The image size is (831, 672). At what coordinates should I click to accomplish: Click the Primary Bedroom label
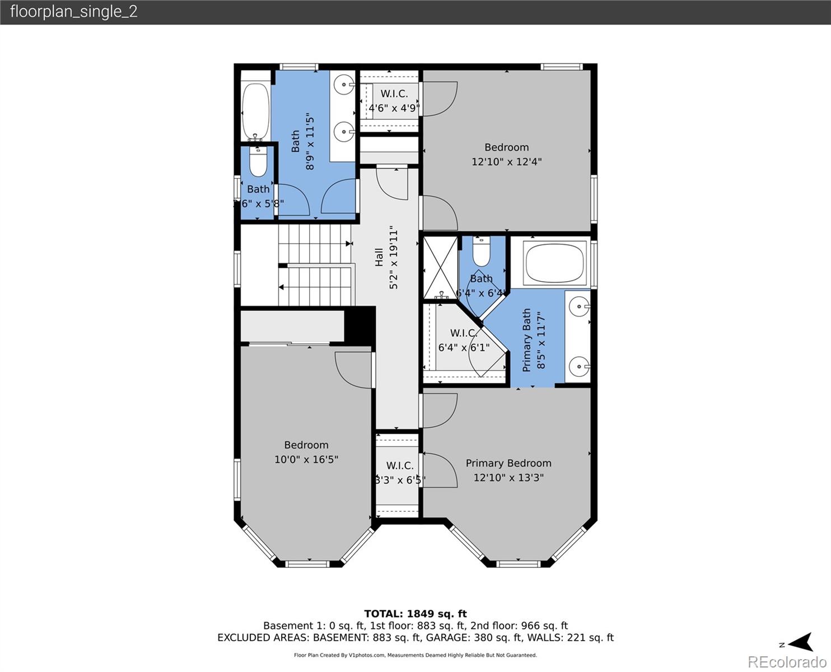[508, 463]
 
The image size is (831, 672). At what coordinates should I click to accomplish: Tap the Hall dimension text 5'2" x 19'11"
[394, 259]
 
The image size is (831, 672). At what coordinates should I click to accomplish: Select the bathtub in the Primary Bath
[555, 263]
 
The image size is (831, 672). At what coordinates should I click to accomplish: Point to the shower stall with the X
[440, 268]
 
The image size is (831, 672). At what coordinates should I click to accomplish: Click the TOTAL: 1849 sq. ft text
[415, 614]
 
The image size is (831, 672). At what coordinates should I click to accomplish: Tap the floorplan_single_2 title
[73, 12]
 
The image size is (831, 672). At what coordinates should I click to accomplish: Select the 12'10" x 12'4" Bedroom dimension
[506, 162]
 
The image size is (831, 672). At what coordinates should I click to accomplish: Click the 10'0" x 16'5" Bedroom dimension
[306, 460]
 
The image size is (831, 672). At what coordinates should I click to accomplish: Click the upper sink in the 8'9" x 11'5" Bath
[342, 85]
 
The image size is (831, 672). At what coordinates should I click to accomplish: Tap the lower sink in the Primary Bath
[578, 367]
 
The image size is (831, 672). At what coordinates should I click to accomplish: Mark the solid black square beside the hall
[360, 325]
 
